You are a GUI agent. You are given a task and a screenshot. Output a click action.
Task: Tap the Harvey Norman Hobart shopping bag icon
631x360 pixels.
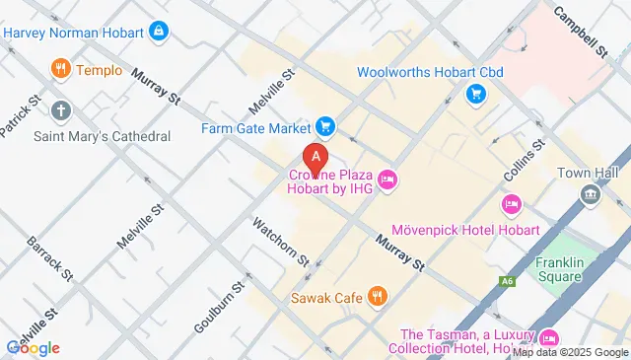[x=158, y=33]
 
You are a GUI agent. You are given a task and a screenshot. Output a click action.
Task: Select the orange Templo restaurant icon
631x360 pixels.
[x=60, y=70]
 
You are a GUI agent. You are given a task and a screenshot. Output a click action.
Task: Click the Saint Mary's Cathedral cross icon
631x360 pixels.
[x=60, y=110]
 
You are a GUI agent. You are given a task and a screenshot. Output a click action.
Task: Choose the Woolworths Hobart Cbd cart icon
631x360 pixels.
[x=474, y=95]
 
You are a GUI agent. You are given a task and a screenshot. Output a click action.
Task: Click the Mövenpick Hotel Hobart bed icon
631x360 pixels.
[x=511, y=205]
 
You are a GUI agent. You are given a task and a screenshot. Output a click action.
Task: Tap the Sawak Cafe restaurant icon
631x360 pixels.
[x=376, y=295]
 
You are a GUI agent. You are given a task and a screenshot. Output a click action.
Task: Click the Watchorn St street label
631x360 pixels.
[x=281, y=242]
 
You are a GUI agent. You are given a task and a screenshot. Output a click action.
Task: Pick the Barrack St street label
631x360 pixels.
[x=48, y=258]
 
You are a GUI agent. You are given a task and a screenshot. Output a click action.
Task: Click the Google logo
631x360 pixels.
[x=33, y=347]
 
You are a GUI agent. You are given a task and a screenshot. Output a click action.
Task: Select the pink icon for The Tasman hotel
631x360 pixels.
[x=549, y=337]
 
